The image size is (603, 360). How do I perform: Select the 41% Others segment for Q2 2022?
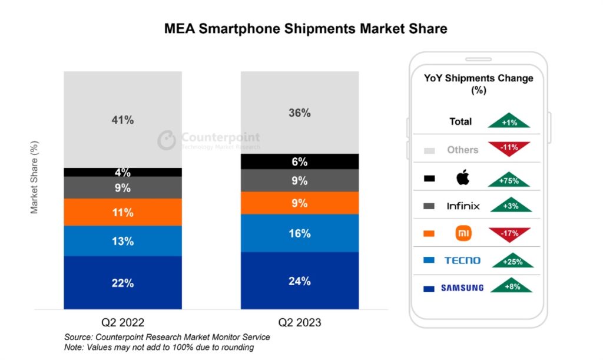(122, 120)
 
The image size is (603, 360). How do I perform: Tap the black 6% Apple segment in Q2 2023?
(299, 161)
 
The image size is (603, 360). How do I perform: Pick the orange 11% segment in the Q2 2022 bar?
(122, 212)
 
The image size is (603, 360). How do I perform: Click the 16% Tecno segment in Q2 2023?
(299, 233)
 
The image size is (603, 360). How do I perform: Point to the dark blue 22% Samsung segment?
(122, 283)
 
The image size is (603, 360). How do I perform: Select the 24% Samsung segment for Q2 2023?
(299, 281)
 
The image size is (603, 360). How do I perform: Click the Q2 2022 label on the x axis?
(122, 322)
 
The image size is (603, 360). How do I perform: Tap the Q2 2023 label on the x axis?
(299, 322)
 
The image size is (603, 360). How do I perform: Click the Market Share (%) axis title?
(34, 177)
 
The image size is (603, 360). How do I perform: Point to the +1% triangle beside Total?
(509, 121)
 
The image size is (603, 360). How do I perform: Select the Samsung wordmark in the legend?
(462, 288)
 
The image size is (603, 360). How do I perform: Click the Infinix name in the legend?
(463, 206)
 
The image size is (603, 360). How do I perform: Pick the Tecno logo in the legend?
(462, 260)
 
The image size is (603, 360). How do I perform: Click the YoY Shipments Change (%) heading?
(479, 84)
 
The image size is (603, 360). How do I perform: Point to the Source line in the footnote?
(167, 337)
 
